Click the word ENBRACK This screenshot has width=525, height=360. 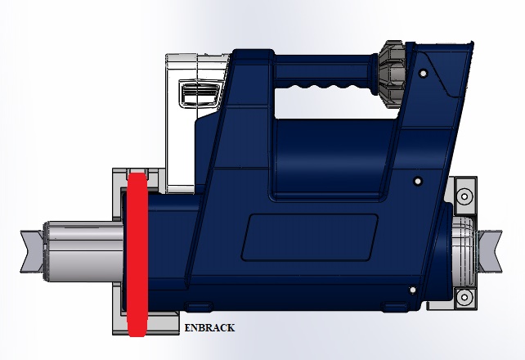209,327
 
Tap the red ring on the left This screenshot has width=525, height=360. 137,254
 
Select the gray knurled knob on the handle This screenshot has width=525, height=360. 393,74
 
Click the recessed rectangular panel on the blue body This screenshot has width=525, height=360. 310,237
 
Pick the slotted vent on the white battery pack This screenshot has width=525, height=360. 200,93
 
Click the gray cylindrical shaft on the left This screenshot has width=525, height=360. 83,251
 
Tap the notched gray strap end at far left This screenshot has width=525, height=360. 32,251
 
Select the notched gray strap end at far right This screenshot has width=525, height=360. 490,251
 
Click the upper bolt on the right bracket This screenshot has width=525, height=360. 464,196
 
